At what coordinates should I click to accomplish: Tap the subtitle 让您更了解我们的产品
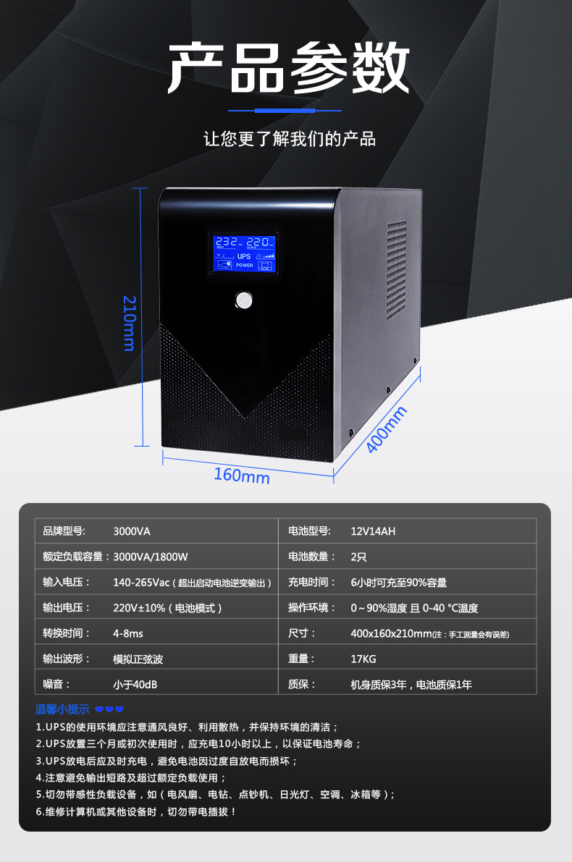(x=290, y=138)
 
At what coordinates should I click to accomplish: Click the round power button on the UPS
(x=245, y=300)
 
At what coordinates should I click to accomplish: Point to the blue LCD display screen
(x=245, y=253)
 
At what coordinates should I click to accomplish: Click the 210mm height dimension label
(x=130, y=322)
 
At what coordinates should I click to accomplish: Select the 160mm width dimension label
(x=241, y=476)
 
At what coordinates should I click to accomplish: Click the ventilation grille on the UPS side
(x=396, y=271)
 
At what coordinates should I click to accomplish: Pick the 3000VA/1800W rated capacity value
(x=151, y=557)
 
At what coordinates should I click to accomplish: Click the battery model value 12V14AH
(x=373, y=531)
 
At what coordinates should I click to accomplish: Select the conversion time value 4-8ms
(x=128, y=633)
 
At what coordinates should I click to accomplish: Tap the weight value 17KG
(x=363, y=659)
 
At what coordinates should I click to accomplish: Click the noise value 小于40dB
(x=135, y=684)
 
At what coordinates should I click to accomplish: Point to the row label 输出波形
(x=67, y=659)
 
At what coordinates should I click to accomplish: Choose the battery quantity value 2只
(x=358, y=557)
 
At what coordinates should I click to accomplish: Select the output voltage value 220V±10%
(x=167, y=608)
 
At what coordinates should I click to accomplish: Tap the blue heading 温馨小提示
(x=62, y=709)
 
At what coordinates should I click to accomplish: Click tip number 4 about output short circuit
(x=131, y=777)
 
